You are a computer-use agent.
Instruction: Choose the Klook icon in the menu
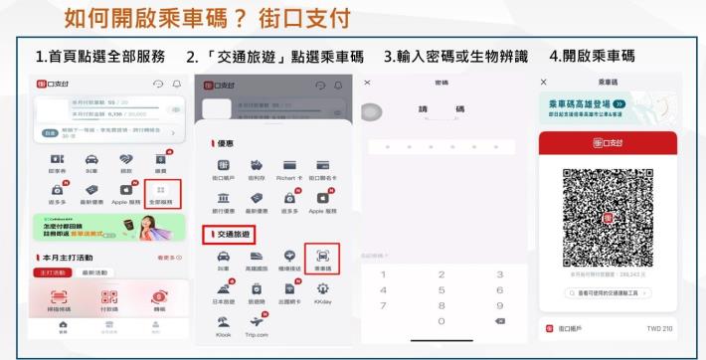click(223, 323)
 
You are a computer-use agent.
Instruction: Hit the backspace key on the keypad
click(500, 322)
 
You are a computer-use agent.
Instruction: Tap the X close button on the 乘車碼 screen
click(543, 81)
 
